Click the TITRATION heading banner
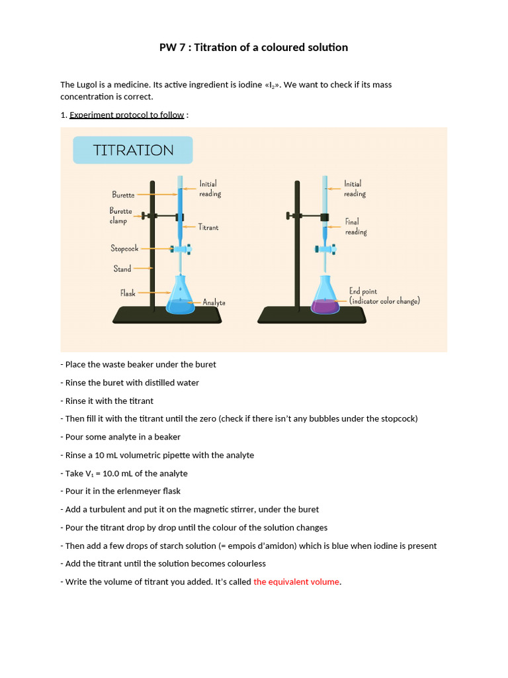[x=133, y=150]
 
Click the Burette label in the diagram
[x=123, y=195]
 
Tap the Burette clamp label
[x=120, y=216]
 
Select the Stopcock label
[x=124, y=248]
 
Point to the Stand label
[x=122, y=269]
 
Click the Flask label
[x=128, y=293]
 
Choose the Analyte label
[x=214, y=303]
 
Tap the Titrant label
[x=208, y=227]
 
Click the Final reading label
[x=355, y=226]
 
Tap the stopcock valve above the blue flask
[x=180, y=250]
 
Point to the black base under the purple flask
[x=311, y=315]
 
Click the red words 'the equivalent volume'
[x=297, y=582]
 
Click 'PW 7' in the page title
[x=173, y=47]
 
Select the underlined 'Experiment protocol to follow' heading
[x=126, y=115]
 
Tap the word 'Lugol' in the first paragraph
[x=87, y=85]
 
